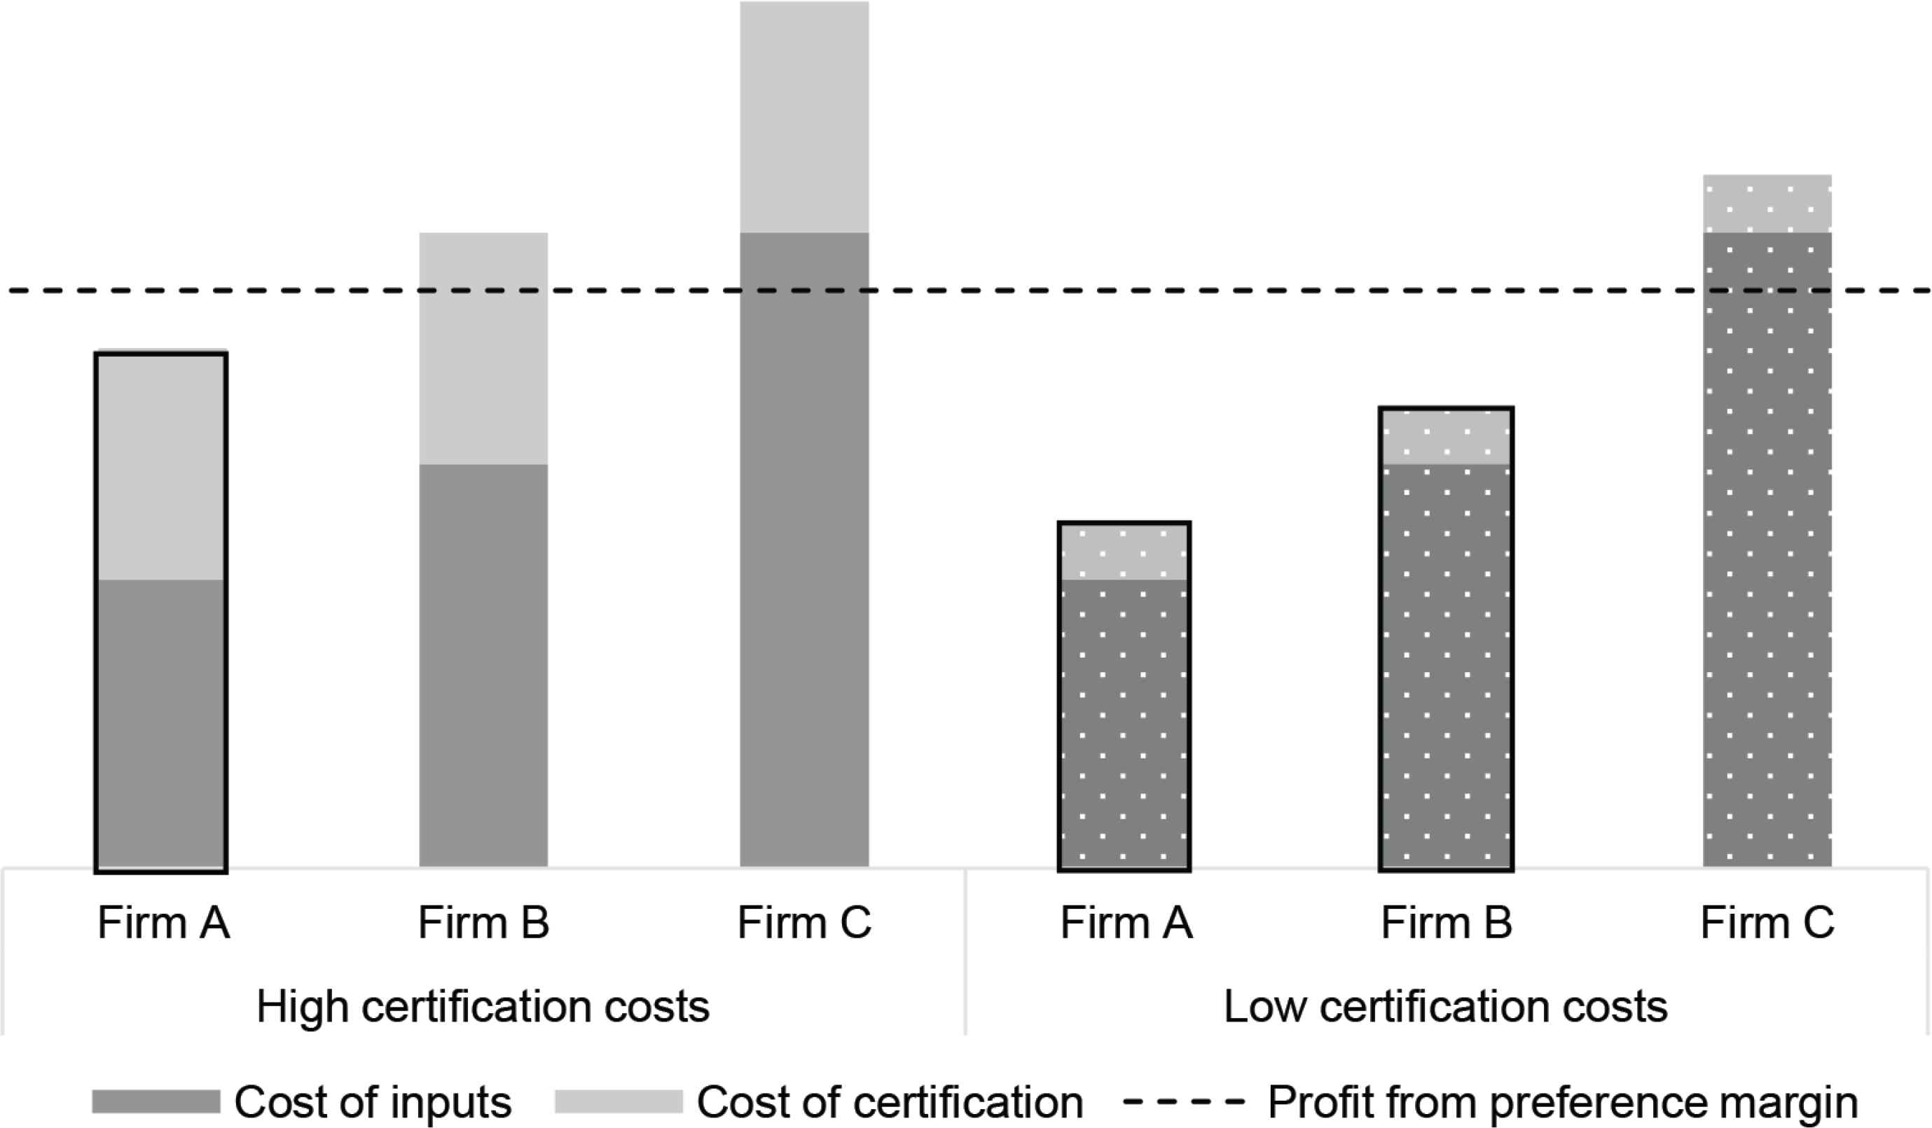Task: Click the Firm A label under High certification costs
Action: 163,923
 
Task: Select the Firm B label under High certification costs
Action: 483,923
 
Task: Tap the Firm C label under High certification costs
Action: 804,923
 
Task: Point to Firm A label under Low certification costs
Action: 1126,923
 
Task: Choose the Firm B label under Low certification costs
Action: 1446,923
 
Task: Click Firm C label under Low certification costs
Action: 1767,923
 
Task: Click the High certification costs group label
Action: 483,1006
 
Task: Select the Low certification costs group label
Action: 1445,1006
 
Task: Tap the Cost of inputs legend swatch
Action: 156,1101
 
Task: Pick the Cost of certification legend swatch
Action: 618,1101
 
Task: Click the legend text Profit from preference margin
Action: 1562,1102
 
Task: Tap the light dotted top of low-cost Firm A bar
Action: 1124,552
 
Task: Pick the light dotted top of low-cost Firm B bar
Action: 1446,437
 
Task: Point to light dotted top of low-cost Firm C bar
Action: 1767,204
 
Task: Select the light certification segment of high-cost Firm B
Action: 483,348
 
